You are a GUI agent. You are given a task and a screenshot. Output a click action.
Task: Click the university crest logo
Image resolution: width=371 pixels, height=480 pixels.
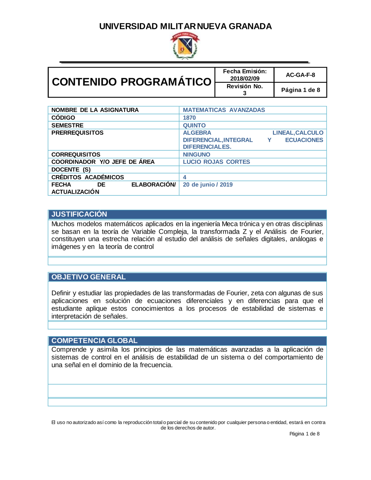coord(185,46)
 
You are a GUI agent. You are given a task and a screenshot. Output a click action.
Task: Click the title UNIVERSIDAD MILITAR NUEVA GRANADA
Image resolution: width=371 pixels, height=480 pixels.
coord(185,26)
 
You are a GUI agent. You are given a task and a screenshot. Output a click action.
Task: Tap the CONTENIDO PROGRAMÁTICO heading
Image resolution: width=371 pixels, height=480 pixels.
coord(131,82)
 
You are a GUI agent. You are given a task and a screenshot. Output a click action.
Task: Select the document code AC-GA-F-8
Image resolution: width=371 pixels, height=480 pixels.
coord(300,75)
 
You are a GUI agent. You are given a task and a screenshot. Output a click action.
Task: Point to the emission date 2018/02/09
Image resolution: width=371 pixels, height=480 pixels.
coord(244,79)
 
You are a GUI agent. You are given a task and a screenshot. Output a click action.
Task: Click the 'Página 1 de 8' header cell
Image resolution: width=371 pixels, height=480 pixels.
coord(300,90)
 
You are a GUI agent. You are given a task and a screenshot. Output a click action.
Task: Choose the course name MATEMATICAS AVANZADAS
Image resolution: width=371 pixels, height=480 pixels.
coord(224,110)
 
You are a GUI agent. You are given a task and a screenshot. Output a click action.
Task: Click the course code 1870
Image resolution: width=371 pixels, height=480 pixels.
coord(189,118)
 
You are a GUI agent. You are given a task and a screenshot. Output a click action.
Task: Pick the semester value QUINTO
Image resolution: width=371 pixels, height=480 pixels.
coord(194,126)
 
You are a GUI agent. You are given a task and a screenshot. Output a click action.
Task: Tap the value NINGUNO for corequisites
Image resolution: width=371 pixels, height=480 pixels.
coord(196,155)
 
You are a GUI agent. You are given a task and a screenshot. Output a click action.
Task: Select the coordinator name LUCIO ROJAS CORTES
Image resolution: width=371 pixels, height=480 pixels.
coord(216,162)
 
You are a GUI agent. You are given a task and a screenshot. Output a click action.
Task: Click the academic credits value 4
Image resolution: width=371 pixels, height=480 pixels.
coord(184,177)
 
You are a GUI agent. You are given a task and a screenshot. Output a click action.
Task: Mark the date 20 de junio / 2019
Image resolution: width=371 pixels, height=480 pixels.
coord(207,185)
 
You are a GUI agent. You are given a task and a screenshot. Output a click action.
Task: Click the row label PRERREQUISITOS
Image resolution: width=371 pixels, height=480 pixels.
coord(77,133)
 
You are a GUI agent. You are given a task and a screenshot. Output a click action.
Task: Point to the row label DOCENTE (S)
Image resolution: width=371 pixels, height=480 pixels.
coord(71,170)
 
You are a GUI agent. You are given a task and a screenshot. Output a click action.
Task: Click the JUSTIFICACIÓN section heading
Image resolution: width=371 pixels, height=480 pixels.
coord(79,214)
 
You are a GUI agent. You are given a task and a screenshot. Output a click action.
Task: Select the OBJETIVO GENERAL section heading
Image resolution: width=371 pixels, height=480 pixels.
coord(88,277)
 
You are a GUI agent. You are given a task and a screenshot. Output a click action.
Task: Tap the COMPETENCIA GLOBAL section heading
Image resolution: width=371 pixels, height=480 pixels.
coord(94,341)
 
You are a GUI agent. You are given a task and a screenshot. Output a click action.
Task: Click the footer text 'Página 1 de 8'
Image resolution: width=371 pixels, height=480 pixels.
coord(304,434)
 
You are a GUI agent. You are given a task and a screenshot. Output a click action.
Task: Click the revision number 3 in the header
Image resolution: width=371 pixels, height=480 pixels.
coord(244,93)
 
